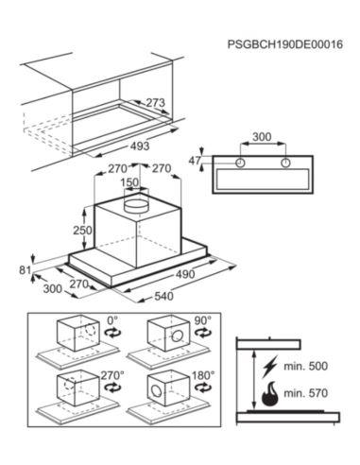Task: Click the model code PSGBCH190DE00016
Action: pos(285,44)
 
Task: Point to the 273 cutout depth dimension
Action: pos(156,102)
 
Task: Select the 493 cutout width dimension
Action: pos(140,146)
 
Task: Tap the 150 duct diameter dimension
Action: pos(129,182)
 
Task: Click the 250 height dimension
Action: pos(82,231)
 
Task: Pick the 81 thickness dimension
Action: pos(26,270)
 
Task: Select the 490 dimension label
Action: pos(185,274)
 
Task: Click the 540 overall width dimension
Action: pos(163,296)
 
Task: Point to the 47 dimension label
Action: pos(195,161)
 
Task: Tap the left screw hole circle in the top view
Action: pos(240,163)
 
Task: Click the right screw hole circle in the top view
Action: pos(285,163)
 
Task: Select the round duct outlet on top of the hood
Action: pos(136,206)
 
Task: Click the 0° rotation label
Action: pos(112,321)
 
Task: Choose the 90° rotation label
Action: pos(203,321)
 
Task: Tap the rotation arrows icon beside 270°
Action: pos(113,387)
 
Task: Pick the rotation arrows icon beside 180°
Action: pos(202,387)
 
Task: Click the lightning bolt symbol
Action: pos(269,367)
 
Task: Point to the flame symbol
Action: pos(270,394)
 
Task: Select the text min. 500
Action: pos(306,366)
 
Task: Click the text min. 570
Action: pos(306,393)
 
